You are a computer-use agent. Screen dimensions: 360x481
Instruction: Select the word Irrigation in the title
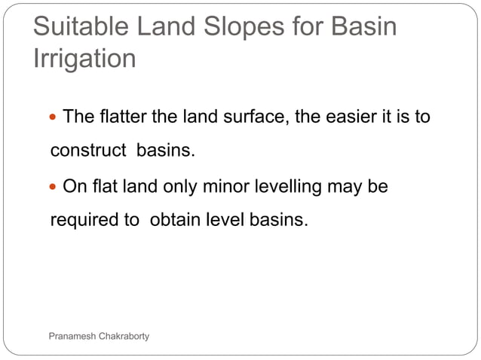coord(84,58)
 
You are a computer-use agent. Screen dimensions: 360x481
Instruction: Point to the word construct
coord(87,151)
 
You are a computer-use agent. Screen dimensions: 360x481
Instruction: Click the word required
coord(83,221)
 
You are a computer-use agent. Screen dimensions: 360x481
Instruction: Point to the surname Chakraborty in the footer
coord(124,335)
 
